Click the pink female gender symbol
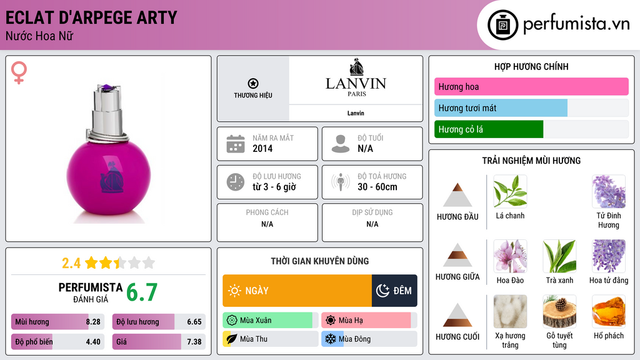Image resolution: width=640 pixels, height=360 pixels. click(19, 74)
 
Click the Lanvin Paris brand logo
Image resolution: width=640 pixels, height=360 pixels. click(356, 78)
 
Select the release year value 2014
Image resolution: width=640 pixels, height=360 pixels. click(262, 149)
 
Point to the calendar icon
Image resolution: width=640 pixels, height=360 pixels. click(235, 144)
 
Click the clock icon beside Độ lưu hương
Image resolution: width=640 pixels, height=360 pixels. click(235, 182)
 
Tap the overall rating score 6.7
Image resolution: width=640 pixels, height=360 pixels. click(142, 292)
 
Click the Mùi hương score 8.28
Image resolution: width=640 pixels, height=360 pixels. click(93, 322)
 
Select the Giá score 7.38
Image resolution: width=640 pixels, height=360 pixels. click(194, 342)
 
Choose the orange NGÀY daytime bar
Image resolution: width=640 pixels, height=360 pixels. click(297, 291)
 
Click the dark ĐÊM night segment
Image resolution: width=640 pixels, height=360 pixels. click(394, 291)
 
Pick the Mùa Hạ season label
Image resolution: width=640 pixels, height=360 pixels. click(350, 321)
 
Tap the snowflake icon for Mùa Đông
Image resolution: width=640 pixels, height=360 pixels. click(329, 339)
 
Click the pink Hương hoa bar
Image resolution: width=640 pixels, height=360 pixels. click(531, 87)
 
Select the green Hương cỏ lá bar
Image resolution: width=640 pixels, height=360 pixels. click(489, 129)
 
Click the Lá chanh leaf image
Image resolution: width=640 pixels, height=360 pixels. click(510, 191)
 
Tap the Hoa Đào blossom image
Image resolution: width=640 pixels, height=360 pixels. click(510, 256)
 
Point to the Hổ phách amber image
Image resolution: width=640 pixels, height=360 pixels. click(609, 312)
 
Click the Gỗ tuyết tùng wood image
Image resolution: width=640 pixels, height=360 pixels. click(559, 312)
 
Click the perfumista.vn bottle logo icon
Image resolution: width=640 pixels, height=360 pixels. click(501, 25)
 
